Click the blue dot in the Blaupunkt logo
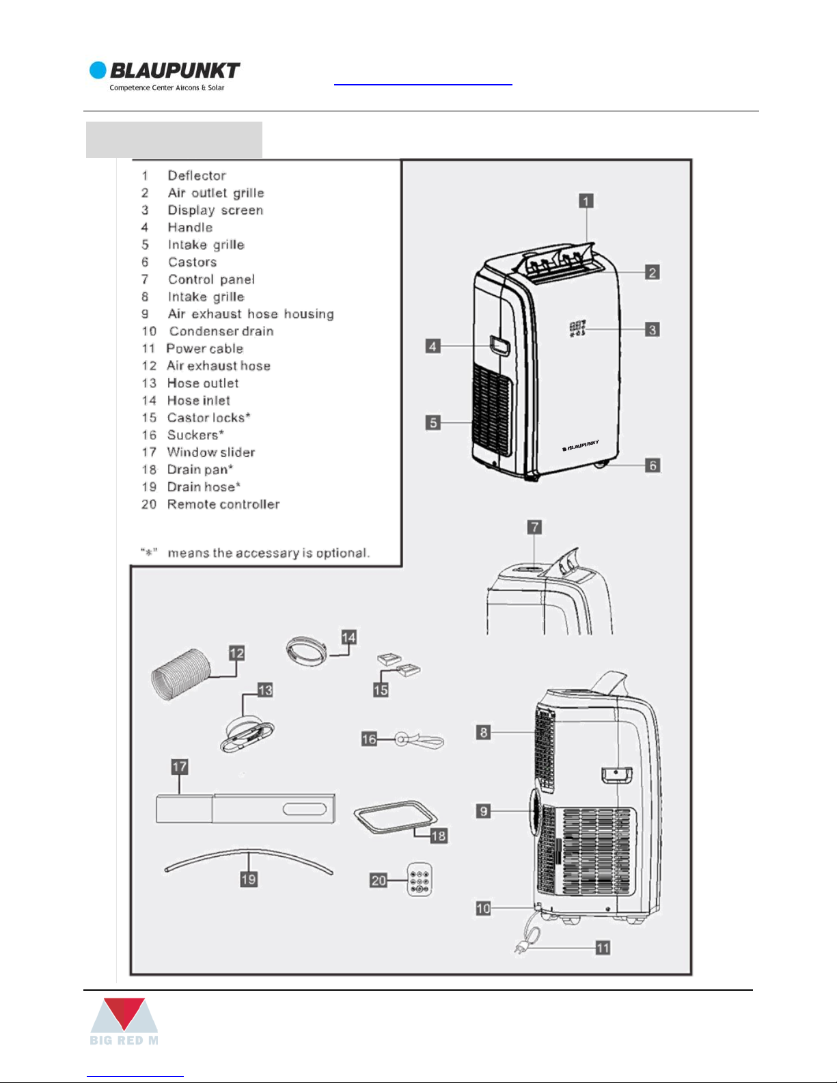tap(98, 70)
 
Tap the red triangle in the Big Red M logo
tap(124, 1013)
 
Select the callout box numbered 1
tap(586, 201)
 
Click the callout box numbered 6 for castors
tap(652, 465)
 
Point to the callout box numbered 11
tap(603, 948)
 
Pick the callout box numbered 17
tap(179, 767)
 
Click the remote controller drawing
tap(420, 879)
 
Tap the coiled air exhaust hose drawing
tap(180, 674)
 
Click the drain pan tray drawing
tap(395, 816)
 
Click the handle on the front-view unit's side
tap(499, 345)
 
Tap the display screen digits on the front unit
tap(577, 329)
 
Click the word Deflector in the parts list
tap(197, 176)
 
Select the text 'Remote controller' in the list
tap(223, 504)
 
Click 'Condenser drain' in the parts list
tap(221, 331)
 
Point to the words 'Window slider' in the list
tap(211, 452)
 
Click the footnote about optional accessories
tap(255, 553)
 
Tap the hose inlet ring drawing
tap(307, 650)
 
